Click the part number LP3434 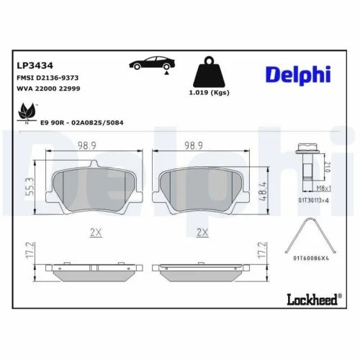pyautogui.click(x=30, y=64)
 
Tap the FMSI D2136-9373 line pyautogui.click(x=48, y=76)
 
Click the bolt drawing pyautogui.click(x=306, y=162)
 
